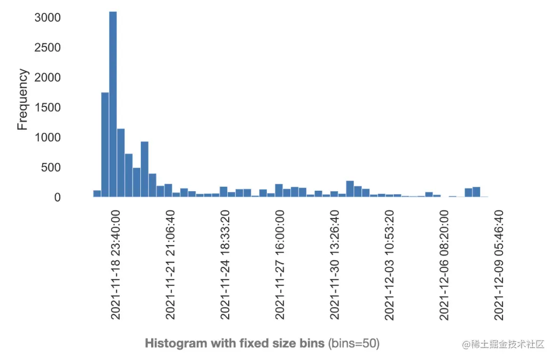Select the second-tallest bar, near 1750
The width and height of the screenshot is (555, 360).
coord(105,145)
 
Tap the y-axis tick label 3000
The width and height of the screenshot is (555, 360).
coord(47,18)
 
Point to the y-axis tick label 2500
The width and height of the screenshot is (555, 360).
coord(47,48)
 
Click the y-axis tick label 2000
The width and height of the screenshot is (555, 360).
coord(47,78)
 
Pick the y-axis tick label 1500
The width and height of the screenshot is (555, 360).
coord(47,107)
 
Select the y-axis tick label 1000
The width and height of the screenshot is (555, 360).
coord(47,138)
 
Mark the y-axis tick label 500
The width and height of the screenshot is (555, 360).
coord(51,168)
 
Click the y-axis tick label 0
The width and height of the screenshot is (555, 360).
coord(58,197)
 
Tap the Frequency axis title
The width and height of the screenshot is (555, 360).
coord(22,100)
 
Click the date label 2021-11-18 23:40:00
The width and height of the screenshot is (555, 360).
coord(116,264)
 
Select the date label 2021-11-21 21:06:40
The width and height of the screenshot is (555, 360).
coord(170,264)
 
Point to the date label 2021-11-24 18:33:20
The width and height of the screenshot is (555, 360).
coord(225,264)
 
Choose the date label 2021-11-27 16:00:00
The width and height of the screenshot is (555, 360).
coord(280,264)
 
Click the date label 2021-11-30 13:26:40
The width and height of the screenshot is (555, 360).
coord(334,264)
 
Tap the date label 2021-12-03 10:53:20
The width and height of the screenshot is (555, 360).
coord(389,264)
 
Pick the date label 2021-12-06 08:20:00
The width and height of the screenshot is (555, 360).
coord(443,264)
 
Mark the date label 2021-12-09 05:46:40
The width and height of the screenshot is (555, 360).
coord(498,264)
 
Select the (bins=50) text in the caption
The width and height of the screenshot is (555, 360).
coord(354,343)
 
